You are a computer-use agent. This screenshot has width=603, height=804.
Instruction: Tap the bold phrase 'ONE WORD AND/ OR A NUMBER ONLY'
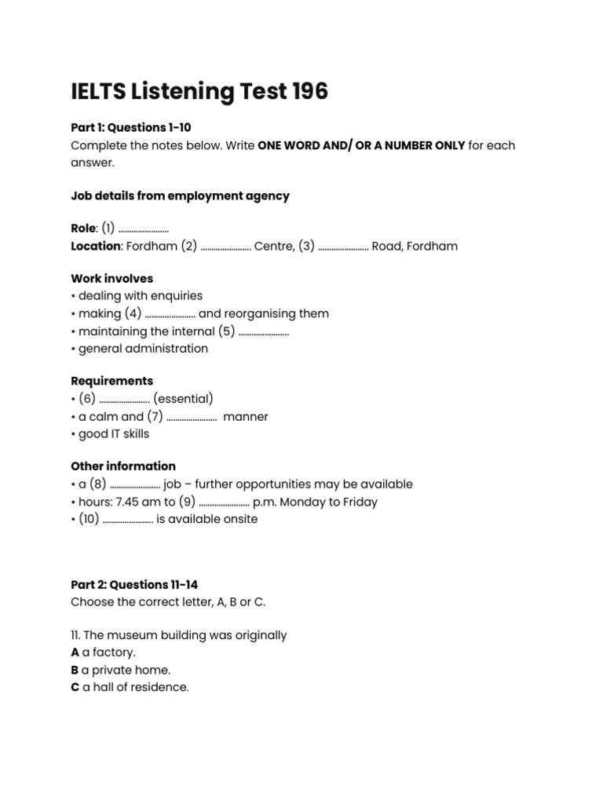point(361,145)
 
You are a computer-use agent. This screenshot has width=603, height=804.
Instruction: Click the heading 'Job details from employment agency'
point(180,196)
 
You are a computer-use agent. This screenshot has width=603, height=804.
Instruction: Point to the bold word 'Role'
point(83,228)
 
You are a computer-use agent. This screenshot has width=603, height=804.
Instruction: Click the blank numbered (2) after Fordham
point(225,247)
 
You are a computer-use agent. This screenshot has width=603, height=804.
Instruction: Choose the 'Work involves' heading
point(111,279)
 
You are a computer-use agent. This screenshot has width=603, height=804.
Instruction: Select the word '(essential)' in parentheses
point(183,399)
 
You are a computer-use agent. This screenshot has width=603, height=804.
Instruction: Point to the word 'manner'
point(246,417)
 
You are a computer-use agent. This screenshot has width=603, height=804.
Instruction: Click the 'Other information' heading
point(123,466)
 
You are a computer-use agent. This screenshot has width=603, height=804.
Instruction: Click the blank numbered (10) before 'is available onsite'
point(127,520)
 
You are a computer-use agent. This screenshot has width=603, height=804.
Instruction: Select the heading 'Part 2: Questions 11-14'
point(134,585)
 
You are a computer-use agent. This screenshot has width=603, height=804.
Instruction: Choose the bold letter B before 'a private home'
point(75,671)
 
